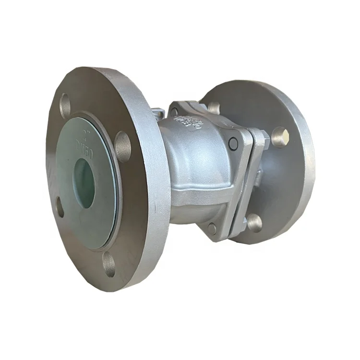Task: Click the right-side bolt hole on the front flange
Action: click(x=123, y=144)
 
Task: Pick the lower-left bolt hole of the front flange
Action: click(x=60, y=206)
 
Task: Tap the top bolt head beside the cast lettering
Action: click(x=174, y=112)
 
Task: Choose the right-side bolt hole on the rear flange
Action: click(x=279, y=136)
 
